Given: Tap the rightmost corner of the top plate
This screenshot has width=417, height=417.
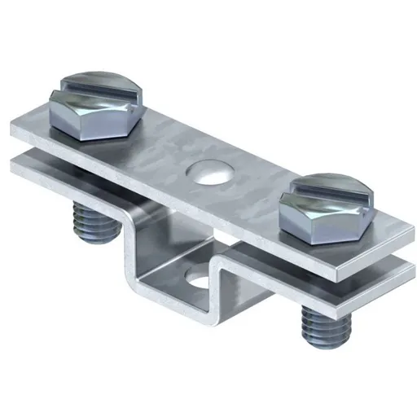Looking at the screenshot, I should click(405, 231).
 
